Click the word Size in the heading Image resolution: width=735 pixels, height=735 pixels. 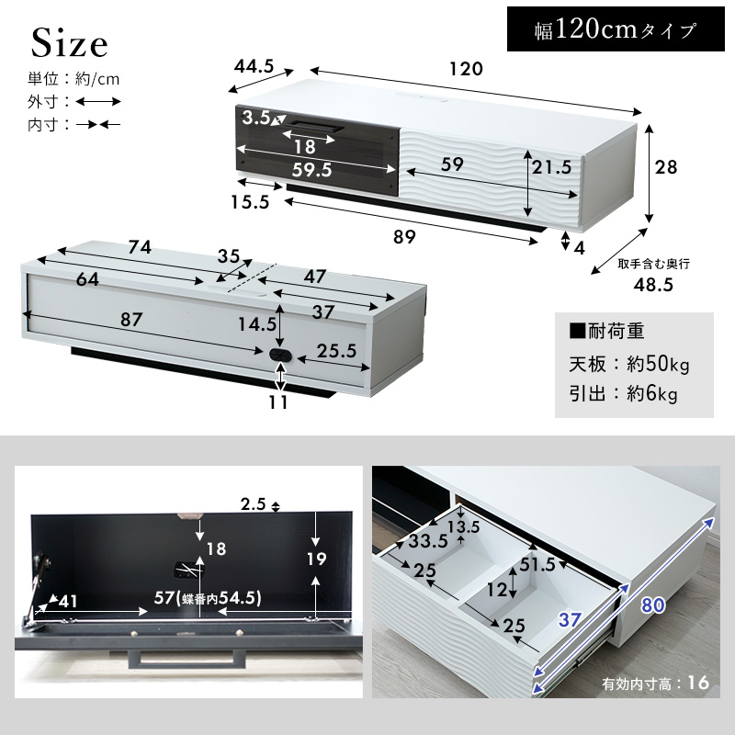pos(70,43)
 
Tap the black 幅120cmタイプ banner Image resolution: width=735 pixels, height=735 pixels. pos(616,29)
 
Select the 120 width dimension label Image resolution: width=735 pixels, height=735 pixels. pos(466,69)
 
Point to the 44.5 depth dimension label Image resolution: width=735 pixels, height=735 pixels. pos(254,66)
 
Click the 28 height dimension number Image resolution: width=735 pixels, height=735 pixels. pos(666,167)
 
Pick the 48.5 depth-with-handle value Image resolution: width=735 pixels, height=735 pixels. pos(653,285)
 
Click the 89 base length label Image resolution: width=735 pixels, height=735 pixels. pos(404,237)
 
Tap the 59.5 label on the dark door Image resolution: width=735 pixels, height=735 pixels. pos(311,170)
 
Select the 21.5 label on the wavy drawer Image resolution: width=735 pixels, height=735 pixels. pos(552,167)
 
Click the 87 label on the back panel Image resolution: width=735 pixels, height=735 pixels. pos(131,320)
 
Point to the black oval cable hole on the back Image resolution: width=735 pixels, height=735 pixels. pos(280,356)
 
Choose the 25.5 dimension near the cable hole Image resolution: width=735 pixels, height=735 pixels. pos(336,351)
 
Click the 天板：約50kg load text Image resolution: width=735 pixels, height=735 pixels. pos(629,364)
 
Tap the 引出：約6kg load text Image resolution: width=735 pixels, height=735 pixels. pos(624,393)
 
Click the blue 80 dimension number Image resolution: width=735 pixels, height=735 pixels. pos(653,605)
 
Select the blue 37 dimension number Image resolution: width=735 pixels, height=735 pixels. pos(570,619)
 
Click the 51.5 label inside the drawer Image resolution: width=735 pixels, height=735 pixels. pos(537,564)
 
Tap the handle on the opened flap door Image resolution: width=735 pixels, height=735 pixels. pos(187,659)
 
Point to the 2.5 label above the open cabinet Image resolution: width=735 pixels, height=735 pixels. pos(254,503)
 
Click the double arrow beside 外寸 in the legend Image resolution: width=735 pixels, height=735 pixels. pos(98,101)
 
